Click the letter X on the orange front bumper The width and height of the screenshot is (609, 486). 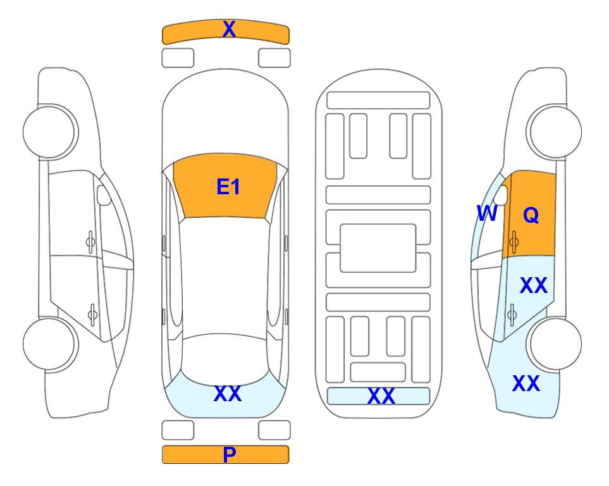[x=229, y=29]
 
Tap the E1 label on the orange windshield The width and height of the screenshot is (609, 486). [x=228, y=187]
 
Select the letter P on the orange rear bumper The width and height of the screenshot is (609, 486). [x=229, y=454]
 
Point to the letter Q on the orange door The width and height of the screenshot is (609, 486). [x=531, y=215]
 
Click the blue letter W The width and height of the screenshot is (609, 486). [x=487, y=213]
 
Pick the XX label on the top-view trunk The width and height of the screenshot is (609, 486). [x=228, y=394]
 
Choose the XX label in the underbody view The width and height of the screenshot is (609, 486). [x=381, y=396]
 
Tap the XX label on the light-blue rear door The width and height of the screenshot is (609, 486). [x=534, y=285]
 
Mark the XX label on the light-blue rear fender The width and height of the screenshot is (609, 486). [x=526, y=383]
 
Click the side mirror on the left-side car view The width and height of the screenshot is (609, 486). [x=103, y=196]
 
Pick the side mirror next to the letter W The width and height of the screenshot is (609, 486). [x=501, y=196]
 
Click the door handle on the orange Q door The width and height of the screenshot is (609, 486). [x=514, y=242]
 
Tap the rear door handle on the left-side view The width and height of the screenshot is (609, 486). [x=92, y=314]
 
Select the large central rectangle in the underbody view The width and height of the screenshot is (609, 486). [x=378, y=248]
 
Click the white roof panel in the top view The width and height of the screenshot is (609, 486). [x=224, y=276]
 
